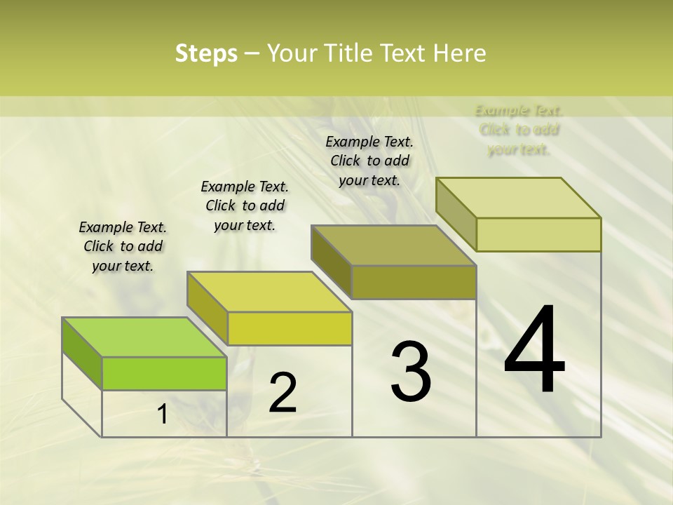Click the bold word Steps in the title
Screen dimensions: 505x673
click(x=206, y=54)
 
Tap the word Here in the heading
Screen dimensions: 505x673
click(x=459, y=54)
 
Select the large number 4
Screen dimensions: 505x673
click(x=534, y=351)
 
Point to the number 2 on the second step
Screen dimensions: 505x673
click(x=283, y=393)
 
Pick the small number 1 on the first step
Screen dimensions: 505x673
click(x=162, y=415)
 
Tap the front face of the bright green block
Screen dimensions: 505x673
click(x=164, y=373)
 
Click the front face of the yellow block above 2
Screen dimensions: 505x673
click(x=290, y=328)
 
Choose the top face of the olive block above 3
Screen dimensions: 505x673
click(x=394, y=245)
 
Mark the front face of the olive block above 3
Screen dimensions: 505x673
click(x=414, y=282)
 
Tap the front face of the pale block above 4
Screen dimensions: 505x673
click(x=538, y=234)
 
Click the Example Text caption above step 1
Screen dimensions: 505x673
click(x=123, y=246)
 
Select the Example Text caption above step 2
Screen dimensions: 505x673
click(x=245, y=206)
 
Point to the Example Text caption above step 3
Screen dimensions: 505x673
click(x=369, y=161)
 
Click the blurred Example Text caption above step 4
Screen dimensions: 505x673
click(x=519, y=130)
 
